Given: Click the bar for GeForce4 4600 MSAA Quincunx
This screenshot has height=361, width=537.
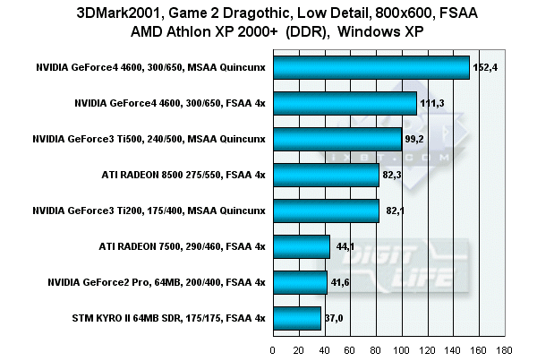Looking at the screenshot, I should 371,68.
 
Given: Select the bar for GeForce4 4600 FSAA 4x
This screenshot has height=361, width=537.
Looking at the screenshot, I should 345,104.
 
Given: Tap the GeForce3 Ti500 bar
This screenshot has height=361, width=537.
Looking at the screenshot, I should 337,140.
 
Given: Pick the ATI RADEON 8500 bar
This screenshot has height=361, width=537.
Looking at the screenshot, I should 326,175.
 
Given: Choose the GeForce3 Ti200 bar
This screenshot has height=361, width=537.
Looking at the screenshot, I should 326,211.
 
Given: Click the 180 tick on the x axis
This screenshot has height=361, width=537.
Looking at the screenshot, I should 505,350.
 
